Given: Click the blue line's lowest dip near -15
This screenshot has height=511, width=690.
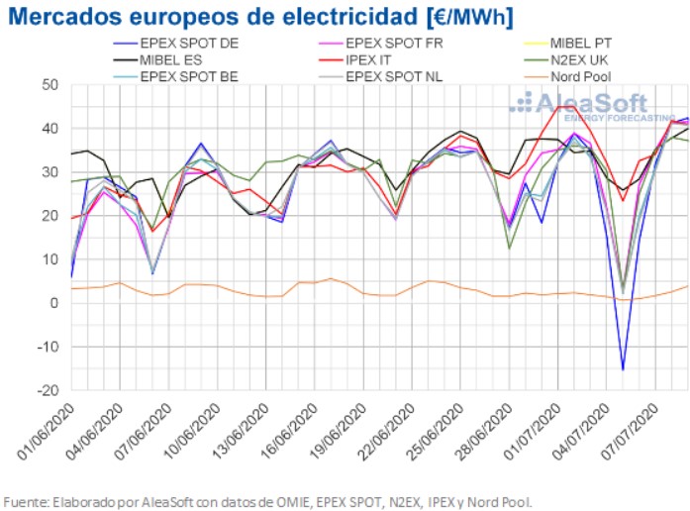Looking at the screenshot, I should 623,369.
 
